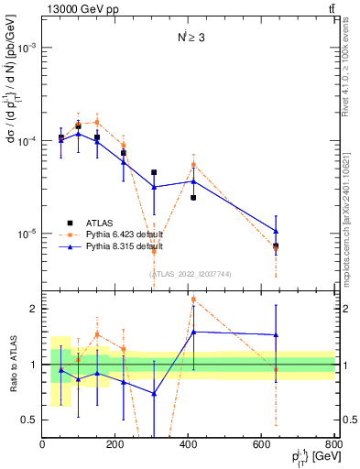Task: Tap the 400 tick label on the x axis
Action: (x=189, y=445)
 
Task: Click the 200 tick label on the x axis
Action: (x=115, y=445)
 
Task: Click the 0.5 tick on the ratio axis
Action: (x=30, y=420)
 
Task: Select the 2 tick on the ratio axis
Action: (x=34, y=310)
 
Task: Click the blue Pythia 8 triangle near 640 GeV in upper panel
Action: (x=276, y=231)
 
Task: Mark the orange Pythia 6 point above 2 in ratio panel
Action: (x=193, y=300)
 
